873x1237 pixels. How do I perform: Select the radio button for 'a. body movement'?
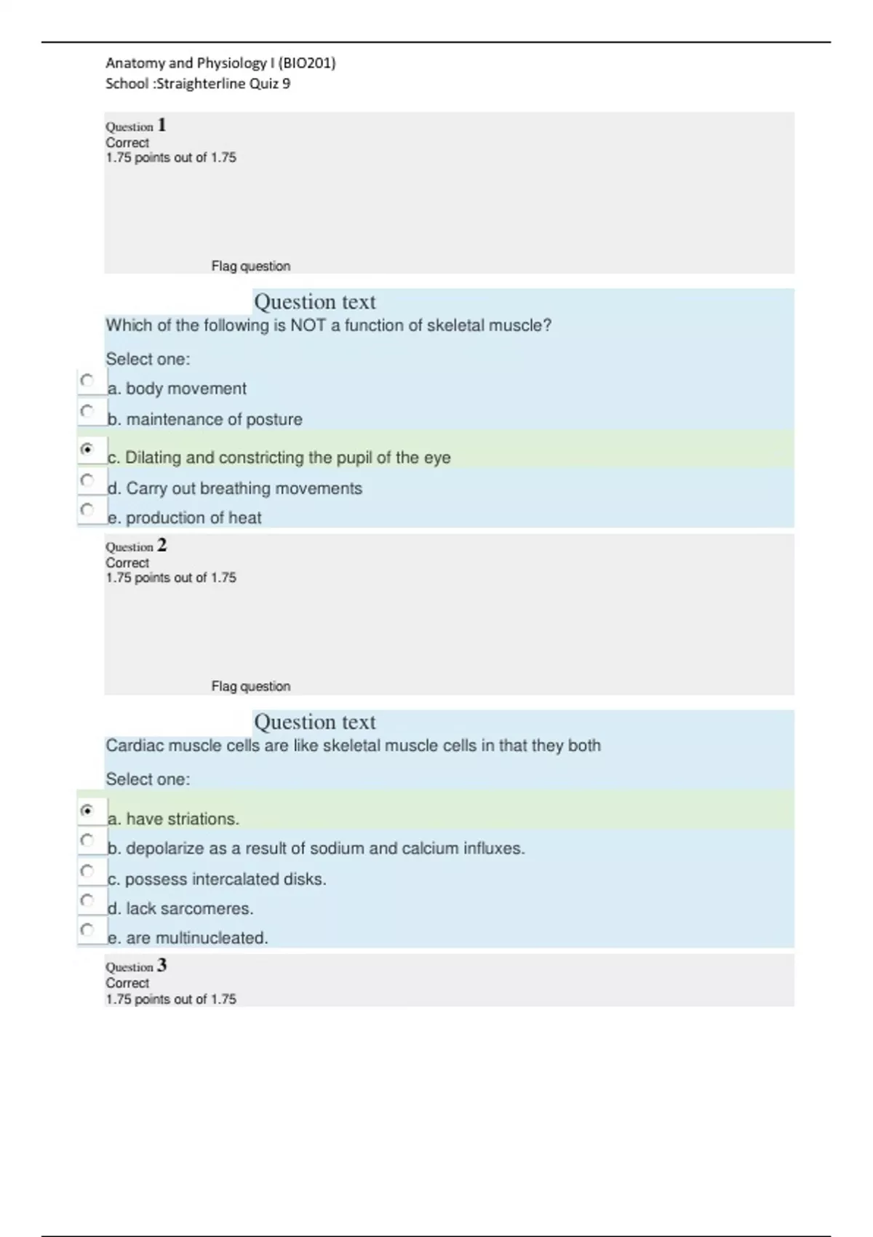(87, 381)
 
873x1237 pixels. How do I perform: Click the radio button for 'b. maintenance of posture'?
(87, 411)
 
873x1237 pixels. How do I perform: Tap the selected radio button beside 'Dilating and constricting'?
(87, 450)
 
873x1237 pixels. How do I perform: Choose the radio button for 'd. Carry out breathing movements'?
(87, 480)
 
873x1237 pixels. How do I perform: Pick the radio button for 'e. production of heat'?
(87, 509)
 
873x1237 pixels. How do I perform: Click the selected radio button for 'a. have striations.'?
(87, 811)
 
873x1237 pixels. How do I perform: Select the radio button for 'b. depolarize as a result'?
(87, 840)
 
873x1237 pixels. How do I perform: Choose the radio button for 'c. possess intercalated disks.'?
(87, 871)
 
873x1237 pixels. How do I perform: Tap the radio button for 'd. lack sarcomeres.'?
(87, 901)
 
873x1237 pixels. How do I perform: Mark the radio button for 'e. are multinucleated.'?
(87, 930)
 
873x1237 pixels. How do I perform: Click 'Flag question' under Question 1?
(250, 266)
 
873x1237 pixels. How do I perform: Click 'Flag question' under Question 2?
(250, 686)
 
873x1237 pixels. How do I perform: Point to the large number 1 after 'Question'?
(162, 125)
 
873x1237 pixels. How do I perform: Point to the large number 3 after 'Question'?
(162, 966)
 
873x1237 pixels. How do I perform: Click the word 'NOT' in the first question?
(308, 325)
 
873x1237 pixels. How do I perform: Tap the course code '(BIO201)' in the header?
(306, 63)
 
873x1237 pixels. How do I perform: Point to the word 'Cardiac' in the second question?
(131, 746)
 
